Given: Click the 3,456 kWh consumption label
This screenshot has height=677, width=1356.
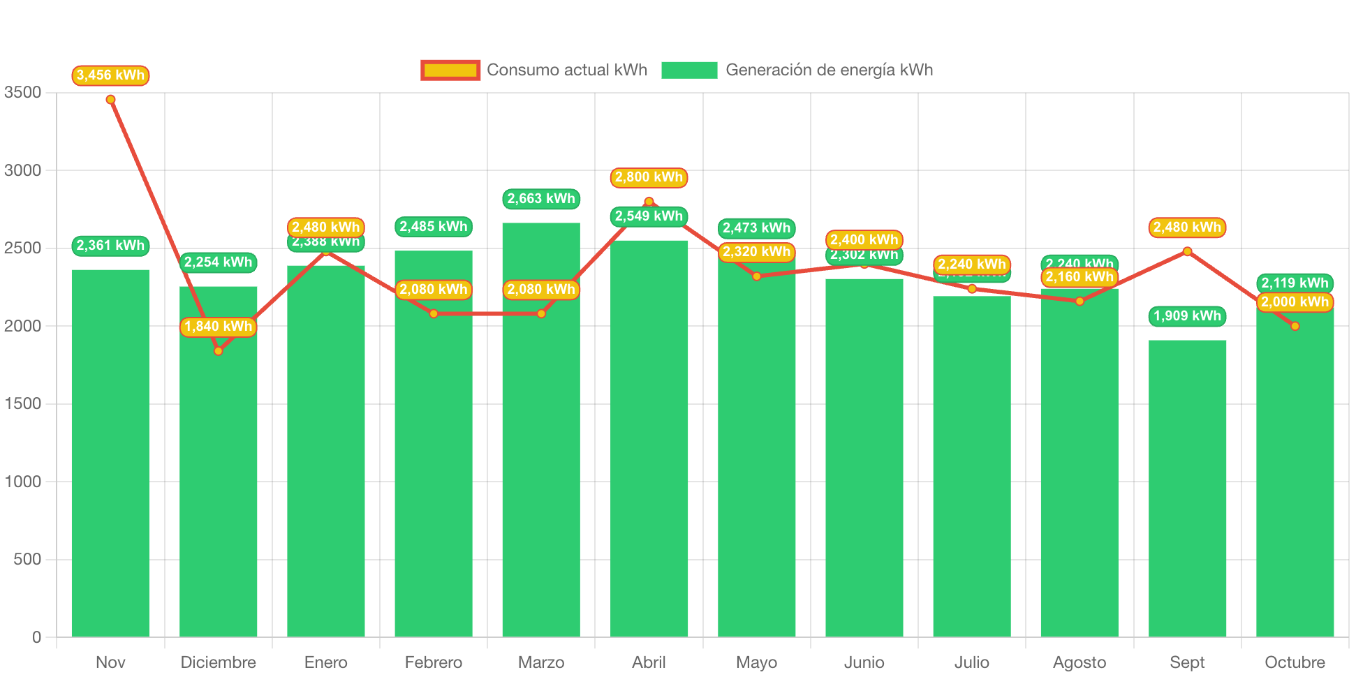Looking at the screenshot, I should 110,75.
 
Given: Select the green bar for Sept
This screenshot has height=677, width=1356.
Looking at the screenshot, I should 1187,489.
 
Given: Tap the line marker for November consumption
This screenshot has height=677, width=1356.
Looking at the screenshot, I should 110,100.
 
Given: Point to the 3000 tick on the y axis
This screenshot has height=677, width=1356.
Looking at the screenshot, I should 23,170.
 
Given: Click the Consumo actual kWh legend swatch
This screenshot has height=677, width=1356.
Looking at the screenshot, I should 450,70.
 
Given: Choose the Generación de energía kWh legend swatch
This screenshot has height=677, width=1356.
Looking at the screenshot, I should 689,70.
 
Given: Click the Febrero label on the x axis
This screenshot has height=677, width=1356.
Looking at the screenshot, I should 433,662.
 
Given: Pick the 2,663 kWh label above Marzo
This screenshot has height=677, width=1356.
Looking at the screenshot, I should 541,199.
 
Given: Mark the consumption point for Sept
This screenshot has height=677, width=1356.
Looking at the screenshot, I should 1187,251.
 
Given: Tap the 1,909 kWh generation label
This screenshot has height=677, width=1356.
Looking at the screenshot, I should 1187,316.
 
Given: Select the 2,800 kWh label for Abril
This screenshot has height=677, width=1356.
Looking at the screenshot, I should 649,177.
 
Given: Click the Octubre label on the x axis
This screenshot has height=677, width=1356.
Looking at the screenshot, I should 1295,662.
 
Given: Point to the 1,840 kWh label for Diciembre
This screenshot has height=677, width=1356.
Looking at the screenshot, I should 218,327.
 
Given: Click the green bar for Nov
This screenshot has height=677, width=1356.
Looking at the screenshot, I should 110,454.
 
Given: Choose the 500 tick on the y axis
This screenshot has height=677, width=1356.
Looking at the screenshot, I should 27,559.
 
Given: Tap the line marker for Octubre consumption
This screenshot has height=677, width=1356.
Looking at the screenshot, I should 1295,326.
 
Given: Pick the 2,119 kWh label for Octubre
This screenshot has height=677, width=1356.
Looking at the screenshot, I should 1295,283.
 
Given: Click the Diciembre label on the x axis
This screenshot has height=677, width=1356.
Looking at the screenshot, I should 218,662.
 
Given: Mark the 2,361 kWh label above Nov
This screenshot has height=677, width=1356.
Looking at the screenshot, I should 110,246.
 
